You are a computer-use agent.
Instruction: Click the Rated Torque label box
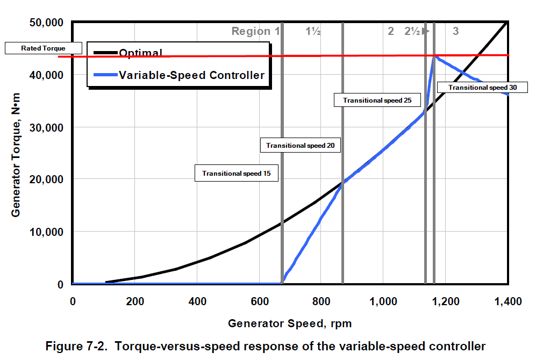click(43, 48)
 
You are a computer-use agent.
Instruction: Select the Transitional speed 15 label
click(236, 174)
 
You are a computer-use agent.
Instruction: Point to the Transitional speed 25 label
click(377, 100)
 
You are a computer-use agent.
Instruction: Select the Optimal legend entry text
click(141, 53)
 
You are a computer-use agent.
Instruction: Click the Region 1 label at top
click(255, 31)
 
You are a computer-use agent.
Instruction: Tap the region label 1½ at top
click(313, 31)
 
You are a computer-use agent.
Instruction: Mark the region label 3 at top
click(455, 31)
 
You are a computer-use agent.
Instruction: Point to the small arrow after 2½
click(425, 31)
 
